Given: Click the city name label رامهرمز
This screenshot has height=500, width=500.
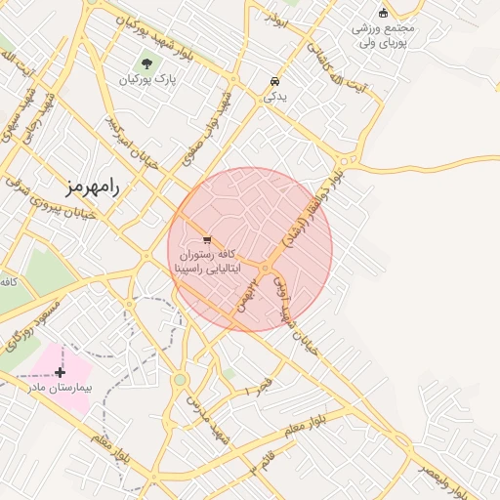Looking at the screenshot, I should (93, 186).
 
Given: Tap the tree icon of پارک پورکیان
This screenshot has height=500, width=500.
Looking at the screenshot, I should (147, 65).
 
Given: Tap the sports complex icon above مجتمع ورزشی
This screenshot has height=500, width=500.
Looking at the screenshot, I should (383, 13).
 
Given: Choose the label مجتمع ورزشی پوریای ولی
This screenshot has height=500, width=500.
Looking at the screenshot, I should (384, 35).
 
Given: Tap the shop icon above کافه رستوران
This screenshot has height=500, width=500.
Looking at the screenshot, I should (206, 239).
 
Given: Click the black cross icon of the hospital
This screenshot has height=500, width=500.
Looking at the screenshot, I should (61, 372).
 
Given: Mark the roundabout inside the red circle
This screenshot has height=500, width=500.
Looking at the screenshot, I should (266, 269).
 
